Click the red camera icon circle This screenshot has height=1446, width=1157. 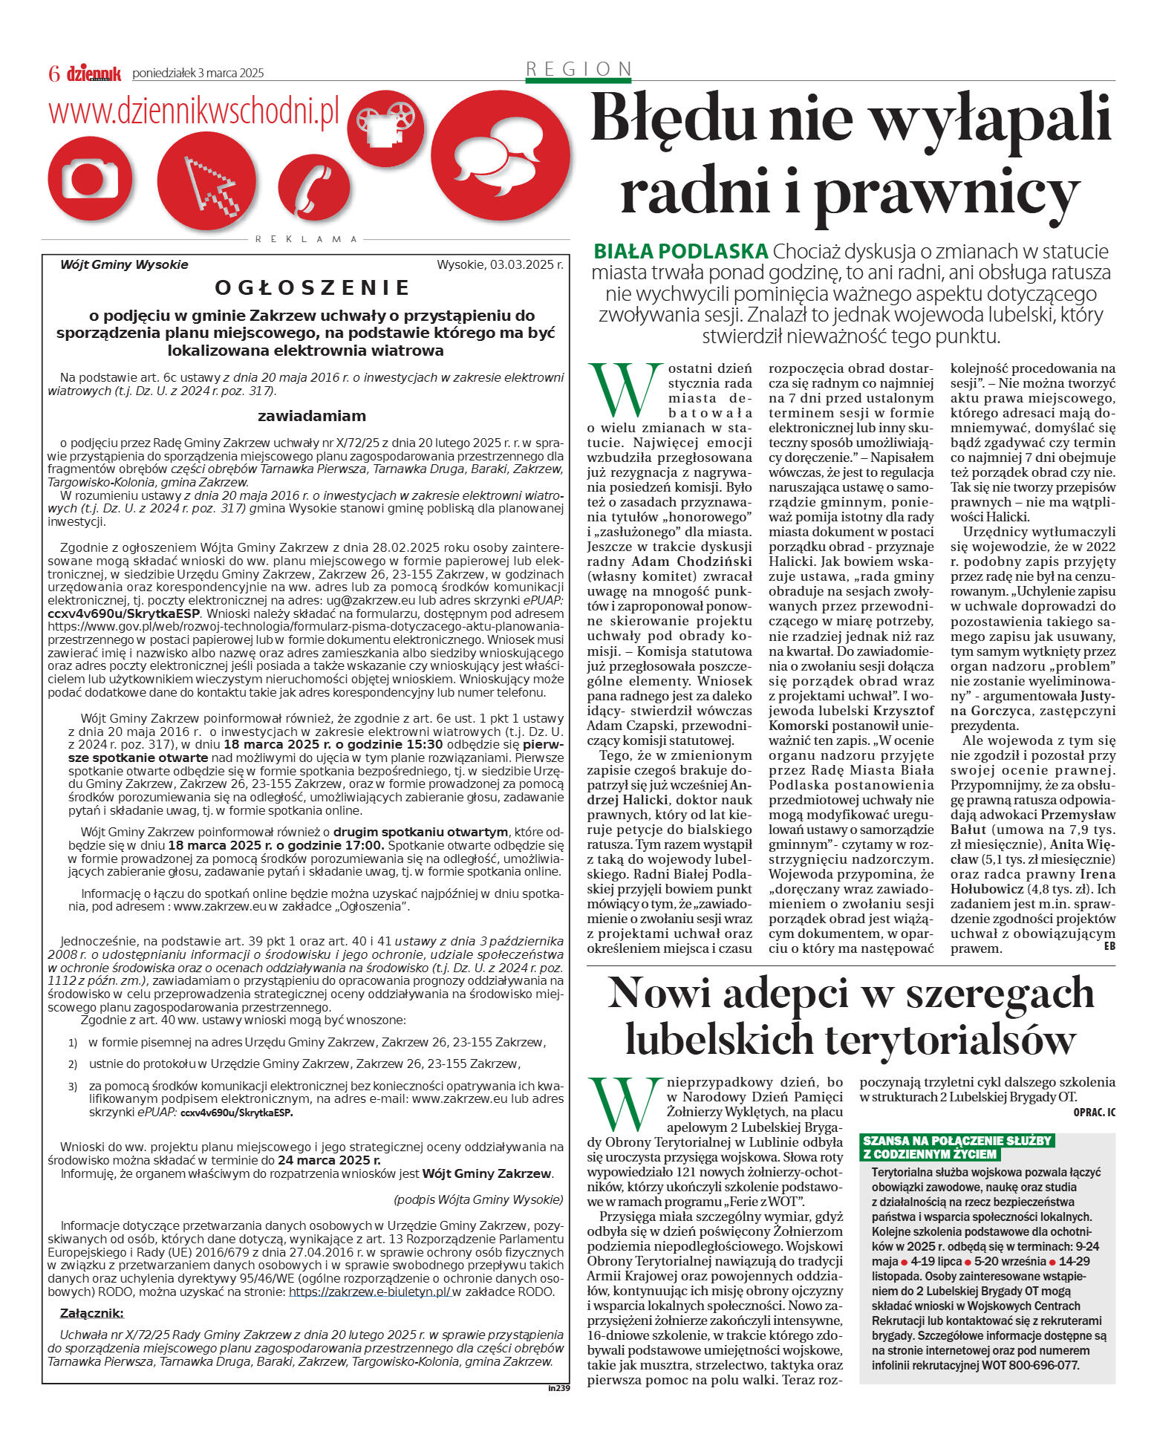click(x=90, y=179)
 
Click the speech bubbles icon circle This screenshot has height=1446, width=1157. click(x=500, y=157)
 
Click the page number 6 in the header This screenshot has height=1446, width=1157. click(x=53, y=73)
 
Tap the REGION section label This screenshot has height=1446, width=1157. click(x=578, y=69)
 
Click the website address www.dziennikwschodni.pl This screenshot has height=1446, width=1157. click(x=193, y=111)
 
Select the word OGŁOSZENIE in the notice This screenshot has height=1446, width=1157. click(x=312, y=287)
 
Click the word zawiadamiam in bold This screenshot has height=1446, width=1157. click(x=311, y=416)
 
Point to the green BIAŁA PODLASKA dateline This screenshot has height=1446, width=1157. click(x=680, y=251)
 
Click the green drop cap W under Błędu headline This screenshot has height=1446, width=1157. click(x=625, y=390)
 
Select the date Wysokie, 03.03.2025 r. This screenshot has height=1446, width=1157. click(x=500, y=264)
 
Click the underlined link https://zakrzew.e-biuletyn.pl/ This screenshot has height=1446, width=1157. click(x=369, y=1292)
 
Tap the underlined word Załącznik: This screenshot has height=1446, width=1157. click(x=91, y=1313)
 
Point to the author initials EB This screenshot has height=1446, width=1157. click(x=1109, y=946)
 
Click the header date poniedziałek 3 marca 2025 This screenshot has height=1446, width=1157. click(x=198, y=73)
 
